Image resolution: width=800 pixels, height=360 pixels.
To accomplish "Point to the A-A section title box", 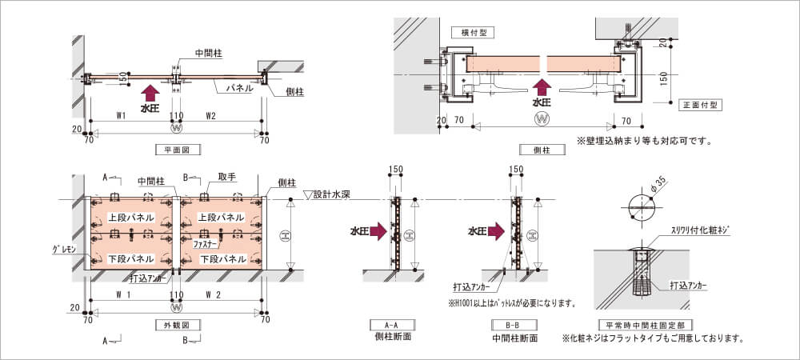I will coord(392,325).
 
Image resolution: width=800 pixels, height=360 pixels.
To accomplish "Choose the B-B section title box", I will coord(516,325).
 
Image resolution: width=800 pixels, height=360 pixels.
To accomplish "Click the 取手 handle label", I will coord(226,177).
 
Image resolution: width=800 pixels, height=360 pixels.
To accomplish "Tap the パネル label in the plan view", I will coord(239,88).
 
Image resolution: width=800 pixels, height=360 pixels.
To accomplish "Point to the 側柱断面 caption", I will coord(392,338).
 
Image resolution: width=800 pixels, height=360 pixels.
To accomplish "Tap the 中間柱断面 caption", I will coord(516,338).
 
